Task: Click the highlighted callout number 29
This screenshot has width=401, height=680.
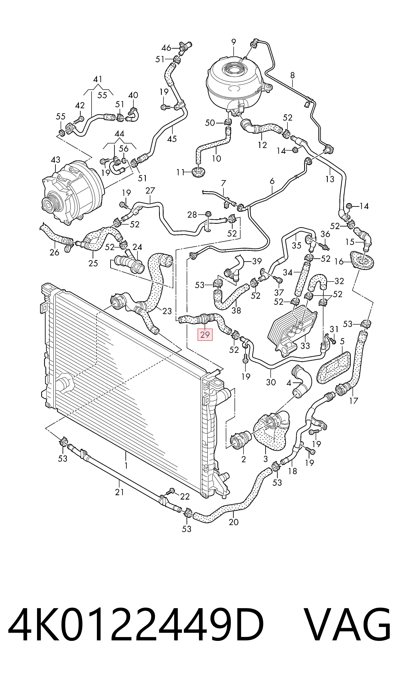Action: pos(205,335)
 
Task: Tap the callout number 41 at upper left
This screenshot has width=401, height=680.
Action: pos(98,79)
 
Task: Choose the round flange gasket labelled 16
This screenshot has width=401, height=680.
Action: pos(362,260)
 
